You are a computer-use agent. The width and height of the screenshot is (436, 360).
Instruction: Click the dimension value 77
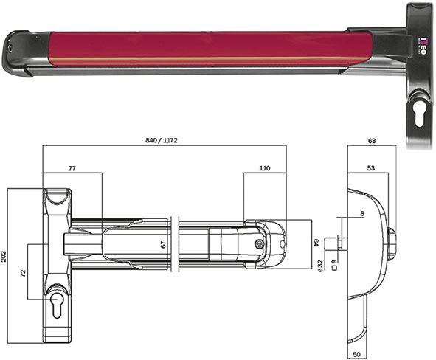(x=72, y=169)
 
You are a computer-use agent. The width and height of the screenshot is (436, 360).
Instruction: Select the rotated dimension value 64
(x=315, y=241)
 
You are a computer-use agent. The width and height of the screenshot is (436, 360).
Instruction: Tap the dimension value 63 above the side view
(x=370, y=139)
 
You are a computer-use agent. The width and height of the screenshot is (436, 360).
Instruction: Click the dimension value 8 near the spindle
(x=362, y=214)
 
